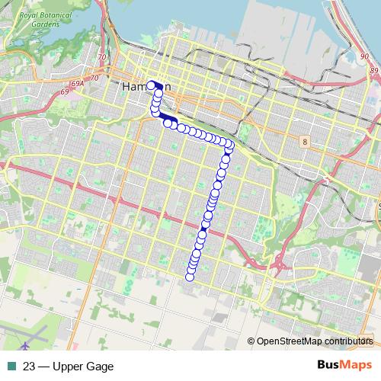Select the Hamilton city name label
pyautogui.click(x=145, y=88)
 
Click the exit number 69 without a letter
pyautogui.click(x=64, y=92)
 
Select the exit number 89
pyautogui.click(x=373, y=70)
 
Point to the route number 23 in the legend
pyautogui.click(x=29, y=367)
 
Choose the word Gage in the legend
pyautogui.click(x=101, y=367)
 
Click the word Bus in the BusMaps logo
pyautogui.click(x=328, y=366)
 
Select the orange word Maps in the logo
pyautogui.click(x=356, y=366)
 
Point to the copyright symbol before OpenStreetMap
pyautogui.click(x=251, y=341)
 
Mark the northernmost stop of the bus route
pyautogui.click(x=152, y=85)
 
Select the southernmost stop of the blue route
pyautogui.click(x=190, y=276)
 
